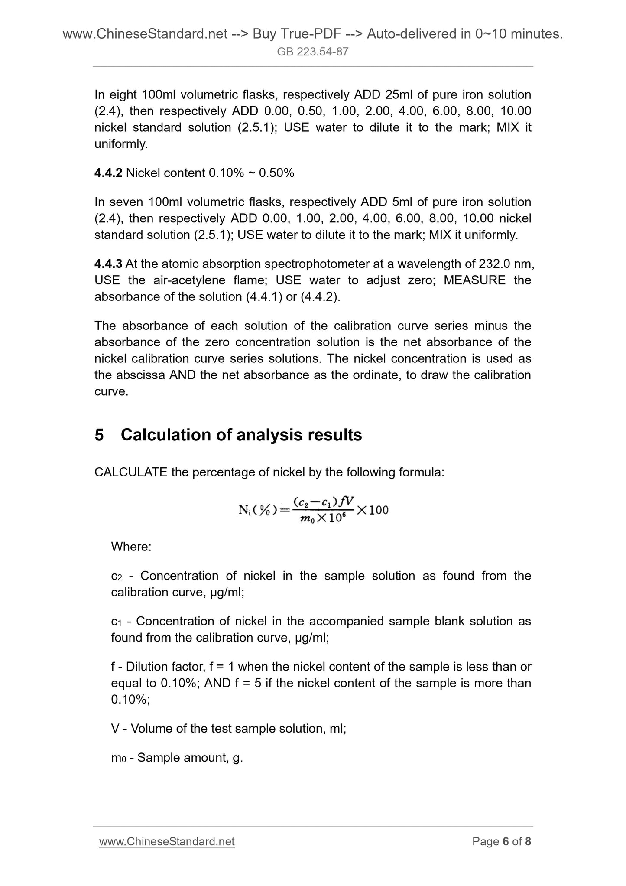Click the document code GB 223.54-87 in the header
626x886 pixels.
[312, 52]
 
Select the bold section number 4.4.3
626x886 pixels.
[108, 264]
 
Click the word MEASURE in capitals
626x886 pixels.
[474, 280]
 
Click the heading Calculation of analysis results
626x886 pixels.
[241, 435]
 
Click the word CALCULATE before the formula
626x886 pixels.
[131, 472]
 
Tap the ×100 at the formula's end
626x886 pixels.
[372, 510]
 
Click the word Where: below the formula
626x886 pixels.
[131, 547]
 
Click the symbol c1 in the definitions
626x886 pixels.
[117, 622]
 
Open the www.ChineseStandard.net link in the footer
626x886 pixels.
[167, 841]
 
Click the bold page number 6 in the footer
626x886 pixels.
[505, 841]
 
